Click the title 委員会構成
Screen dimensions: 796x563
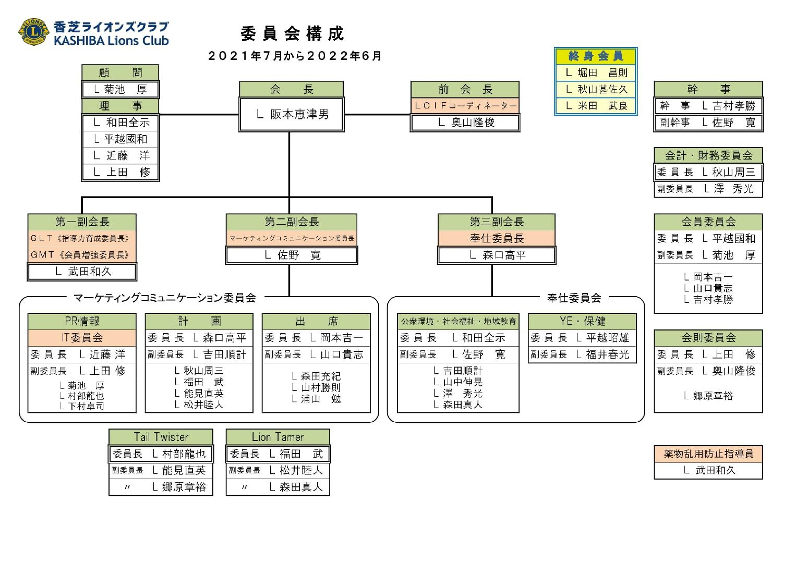[x=292, y=34]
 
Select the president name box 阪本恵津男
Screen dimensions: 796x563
[x=292, y=114]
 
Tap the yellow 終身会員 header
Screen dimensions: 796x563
[x=596, y=56]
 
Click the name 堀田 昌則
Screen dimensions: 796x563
[x=596, y=73]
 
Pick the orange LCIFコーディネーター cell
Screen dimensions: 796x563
[x=465, y=106]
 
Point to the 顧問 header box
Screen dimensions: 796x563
[x=120, y=73]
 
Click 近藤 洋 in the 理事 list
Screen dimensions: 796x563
[x=121, y=155]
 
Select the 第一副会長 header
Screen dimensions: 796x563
[x=82, y=222]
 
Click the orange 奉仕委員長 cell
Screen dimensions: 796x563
[x=497, y=238]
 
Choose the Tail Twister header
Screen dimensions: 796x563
[x=161, y=437]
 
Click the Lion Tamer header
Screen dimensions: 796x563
[x=278, y=437]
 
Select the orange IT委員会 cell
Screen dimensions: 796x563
[x=82, y=337]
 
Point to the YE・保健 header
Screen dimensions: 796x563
[x=582, y=321]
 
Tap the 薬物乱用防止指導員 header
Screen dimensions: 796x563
[x=708, y=454]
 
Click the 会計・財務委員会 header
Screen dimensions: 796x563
[x=708, y=155]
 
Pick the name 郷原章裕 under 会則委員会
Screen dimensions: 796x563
[x=708, y=396]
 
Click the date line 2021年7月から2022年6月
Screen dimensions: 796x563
[x=295, y=56]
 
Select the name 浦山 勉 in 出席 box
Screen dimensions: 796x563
[x=316, y=399]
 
